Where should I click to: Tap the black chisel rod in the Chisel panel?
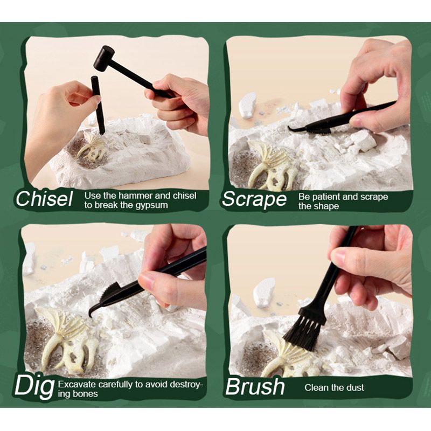pyautogui.click(x=98, y=105)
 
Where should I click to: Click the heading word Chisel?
pyautogui.click(x=44, y=199)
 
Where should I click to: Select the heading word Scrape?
pyautogui.click(x=254, y=199)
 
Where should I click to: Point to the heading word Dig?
pyautogui.click(x=34, y=386)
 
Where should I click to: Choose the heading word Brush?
pyautogui.click(x=255, y=386)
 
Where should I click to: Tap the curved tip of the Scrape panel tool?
pyautogui.click(x=292, y=128)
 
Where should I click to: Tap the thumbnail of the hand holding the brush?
pyautogui.click(x=338, y=256)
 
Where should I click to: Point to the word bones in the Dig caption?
pyautogui.click(x=86, y=394)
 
